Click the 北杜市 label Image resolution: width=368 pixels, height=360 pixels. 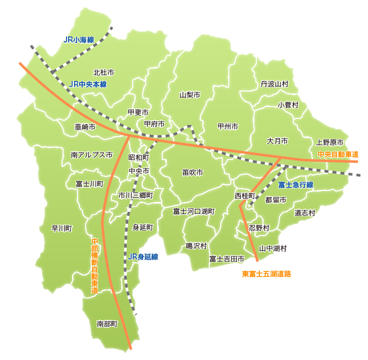[104, 72]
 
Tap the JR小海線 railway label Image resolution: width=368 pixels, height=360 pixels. [79, 39]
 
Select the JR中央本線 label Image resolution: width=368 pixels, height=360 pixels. [89, 84]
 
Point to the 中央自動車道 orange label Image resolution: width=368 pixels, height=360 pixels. [338, 154]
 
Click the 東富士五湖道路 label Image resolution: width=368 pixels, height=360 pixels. [266, 273]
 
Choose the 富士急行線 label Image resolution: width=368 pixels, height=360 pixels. [296, 184]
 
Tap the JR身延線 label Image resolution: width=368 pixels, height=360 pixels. [143, 257]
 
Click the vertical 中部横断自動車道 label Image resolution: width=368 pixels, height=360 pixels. [95, 265]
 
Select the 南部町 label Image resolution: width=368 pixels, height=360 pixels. [107, 324]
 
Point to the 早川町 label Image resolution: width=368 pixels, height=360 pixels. [62, 228]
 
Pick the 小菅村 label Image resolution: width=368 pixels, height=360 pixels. [288, 105]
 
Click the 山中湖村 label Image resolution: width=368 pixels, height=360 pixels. [273, 248]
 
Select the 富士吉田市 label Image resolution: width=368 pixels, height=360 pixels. [227, 259]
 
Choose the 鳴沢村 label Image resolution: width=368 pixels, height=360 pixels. [196, 245]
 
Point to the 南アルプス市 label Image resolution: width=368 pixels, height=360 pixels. [92, 155]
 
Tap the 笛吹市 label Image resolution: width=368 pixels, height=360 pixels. [193, 172]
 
